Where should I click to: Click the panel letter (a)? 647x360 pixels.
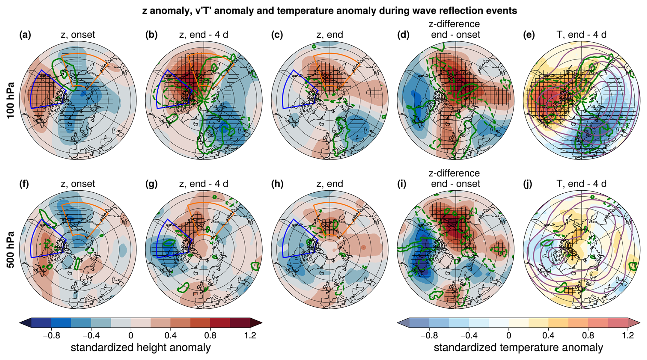25,35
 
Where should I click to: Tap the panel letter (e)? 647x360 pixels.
529,35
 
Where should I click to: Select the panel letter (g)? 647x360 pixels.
151,184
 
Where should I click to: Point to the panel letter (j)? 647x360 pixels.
528,184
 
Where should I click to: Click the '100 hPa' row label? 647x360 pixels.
11,100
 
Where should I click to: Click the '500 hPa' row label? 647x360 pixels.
11,249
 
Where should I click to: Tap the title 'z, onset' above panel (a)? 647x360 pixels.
78,35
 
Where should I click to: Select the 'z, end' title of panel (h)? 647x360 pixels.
330,184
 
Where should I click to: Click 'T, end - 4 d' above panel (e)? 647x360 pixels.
582,35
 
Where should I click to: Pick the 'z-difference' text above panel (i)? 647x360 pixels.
454,173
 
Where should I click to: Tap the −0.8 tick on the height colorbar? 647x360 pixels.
51,335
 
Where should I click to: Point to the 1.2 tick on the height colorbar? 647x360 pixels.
250,335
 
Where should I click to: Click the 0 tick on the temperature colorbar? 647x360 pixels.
509,335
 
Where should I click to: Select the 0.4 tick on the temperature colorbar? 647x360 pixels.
549,335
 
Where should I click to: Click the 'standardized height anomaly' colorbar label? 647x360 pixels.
141,348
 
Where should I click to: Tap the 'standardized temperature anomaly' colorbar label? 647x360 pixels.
518,348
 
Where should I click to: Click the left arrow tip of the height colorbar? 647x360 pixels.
20,323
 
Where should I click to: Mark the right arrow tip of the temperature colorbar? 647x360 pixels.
639,323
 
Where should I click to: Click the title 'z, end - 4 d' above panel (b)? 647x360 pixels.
204,35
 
